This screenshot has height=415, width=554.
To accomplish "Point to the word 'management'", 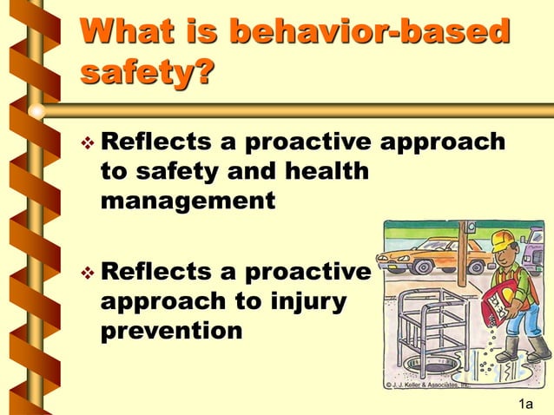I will (x=188, y=201).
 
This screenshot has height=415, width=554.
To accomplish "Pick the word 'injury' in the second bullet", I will (x=303, y=302).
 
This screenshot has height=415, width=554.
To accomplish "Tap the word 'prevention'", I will (x=172, y=331).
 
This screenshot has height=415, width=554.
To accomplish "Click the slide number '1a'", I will (x=525, y=404).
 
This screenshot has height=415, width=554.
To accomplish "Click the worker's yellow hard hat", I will (x=503, y=240).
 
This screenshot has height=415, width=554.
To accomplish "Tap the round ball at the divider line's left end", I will (x=36, y=110).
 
